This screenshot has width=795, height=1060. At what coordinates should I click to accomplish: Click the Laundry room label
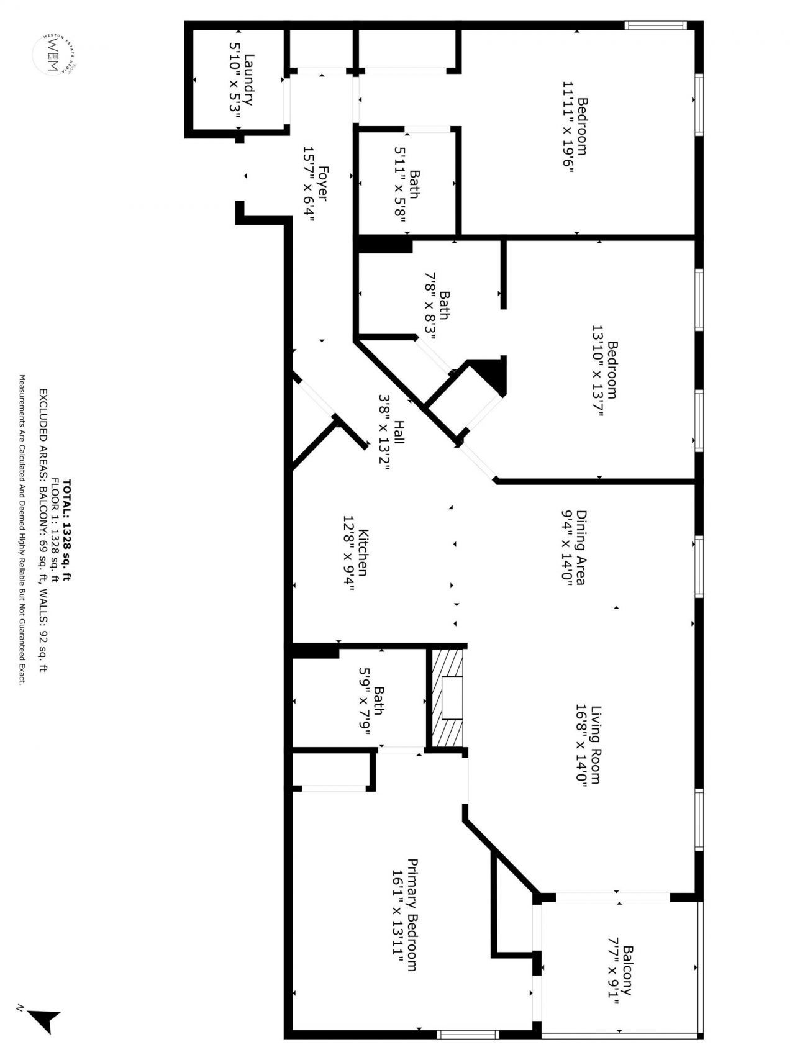click(x=249, y=80)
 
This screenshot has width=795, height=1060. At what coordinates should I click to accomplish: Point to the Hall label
click(x=399, y=432)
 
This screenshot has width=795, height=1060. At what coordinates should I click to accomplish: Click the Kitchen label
click(x=364, y=553)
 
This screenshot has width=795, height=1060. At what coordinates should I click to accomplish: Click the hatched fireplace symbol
click(x=448, y=698)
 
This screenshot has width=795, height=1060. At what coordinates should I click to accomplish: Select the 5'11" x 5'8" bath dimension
click(x=401, y=184)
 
